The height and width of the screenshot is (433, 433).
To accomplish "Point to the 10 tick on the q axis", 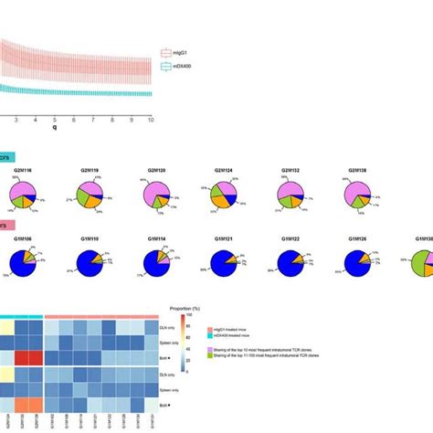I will pyautogui.click(x=151, y=120).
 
